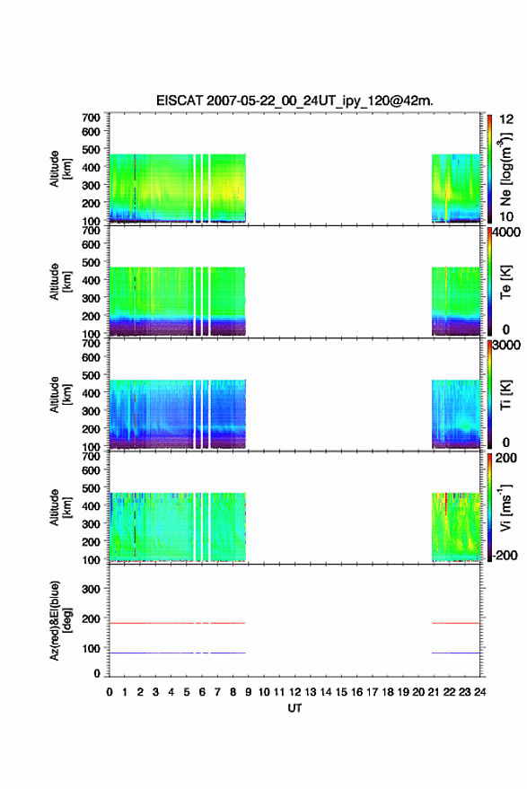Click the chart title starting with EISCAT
pos(294,101)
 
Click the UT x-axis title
pos(294,708)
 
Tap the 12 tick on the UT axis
pos(294,692)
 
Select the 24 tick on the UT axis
pos(479,692)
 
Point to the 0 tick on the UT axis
pos(110,692)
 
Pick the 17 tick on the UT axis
pos(372,692)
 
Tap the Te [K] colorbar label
pos(505,282)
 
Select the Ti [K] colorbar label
pos(505,395)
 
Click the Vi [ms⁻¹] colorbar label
pos(505,507)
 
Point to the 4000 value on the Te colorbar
pos(506,232)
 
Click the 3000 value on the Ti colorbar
pos(506,345)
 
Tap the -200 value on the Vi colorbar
pos(504,555)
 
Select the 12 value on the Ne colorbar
pos(506,119)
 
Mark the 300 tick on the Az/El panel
pos(91,589)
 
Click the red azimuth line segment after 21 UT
pos(456,623)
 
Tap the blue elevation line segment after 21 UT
pos(456,653)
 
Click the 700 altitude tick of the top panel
pos(91,118)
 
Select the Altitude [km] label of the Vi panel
pos(60,507)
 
